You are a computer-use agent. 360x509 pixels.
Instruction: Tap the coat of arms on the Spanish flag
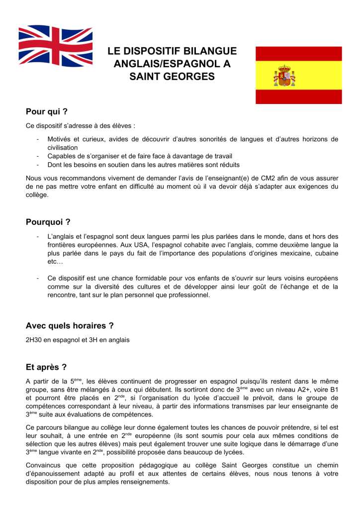(284, 76)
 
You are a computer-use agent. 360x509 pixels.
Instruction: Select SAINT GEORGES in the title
(172, 76)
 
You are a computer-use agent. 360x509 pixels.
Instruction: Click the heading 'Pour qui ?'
(46, 111)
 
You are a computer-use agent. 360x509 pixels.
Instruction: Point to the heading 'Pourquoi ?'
(48, 222)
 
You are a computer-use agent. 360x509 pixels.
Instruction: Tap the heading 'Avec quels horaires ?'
(70, 326)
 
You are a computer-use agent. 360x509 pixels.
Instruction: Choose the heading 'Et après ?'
(46, 368)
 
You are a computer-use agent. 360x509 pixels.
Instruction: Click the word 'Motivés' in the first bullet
(60, 139)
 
